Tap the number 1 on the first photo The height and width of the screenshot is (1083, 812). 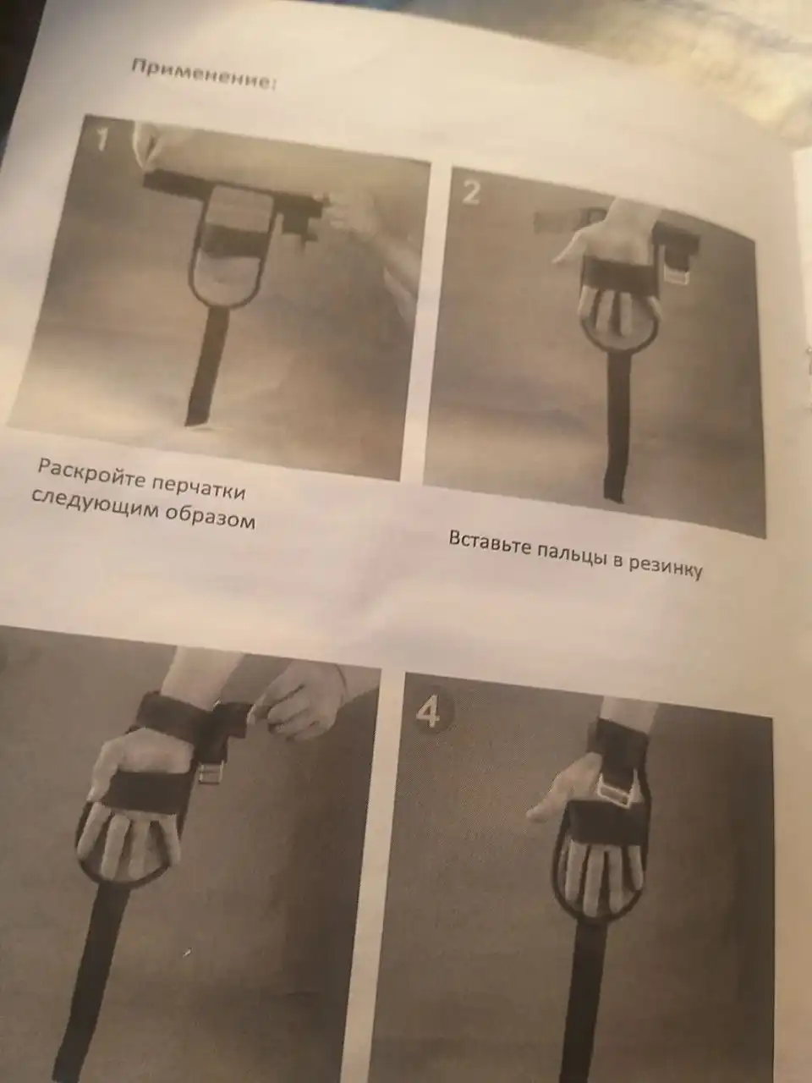(101, 138)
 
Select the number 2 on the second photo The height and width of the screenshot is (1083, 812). (470, 193)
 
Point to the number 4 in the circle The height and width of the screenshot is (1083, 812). (429, 712)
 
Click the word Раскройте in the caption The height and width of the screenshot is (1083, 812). (90, 470)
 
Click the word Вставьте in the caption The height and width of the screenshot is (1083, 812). (489, 542)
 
